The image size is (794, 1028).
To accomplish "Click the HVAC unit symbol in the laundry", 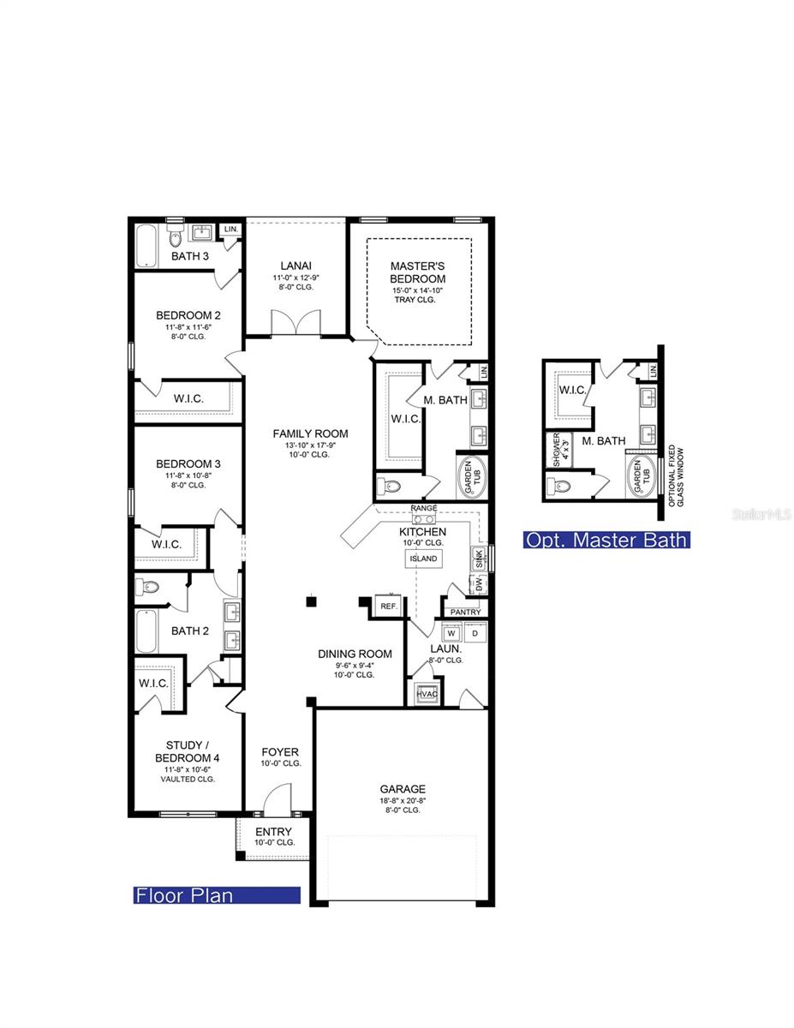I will click(427, 693).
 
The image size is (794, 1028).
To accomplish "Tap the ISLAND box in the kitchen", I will click(423, 559).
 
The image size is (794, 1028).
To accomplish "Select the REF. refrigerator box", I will click(389, 605).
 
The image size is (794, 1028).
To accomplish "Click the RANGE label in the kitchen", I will click(423, 508).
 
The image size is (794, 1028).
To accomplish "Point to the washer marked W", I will click(451, 634).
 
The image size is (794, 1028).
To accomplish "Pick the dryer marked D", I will click(475, 634).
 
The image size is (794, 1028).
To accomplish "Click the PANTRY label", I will click(465, 612).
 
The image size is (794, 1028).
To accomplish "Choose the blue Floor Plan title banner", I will click(218, 895).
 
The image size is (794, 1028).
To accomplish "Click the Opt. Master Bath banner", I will click(606, 540).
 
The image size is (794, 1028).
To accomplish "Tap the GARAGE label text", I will click(403, 789).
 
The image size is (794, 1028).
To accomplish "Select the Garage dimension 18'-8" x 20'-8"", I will click(403, 800).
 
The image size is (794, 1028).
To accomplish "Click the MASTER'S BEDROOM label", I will click(417, 272).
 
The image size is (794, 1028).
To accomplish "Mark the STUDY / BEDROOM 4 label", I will click(188, 752).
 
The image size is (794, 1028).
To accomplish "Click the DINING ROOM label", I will click(355, 654).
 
